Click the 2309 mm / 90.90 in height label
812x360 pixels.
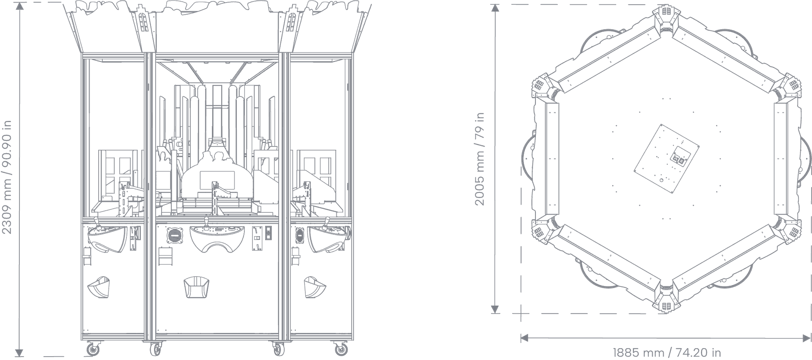click(7, 177)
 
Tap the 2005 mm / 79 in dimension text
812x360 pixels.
click(480, 159)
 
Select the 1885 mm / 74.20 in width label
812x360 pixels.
click(667, 352)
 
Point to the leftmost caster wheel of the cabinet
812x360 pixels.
click(92, 349)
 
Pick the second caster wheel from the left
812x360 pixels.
click(156, 349)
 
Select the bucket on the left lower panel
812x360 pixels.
click(99, 287)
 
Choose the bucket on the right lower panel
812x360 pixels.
click(315, 287)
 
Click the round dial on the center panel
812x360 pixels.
click(175, 235)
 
